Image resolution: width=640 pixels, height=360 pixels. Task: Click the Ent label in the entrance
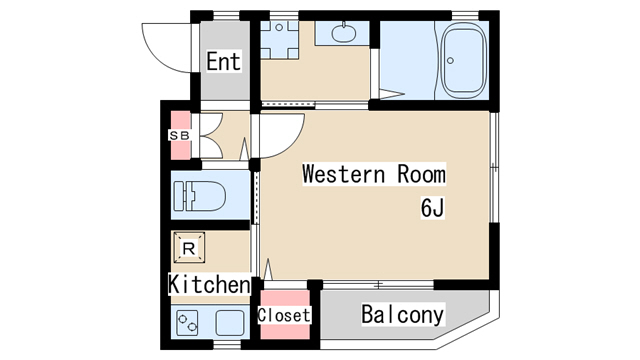[223, 61]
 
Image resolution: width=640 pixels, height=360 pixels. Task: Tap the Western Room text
[374, 174]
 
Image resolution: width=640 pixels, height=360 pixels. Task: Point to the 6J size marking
[432, 208]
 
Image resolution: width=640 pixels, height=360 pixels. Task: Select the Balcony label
[402, 314]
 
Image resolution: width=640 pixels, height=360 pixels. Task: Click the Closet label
[284, 315]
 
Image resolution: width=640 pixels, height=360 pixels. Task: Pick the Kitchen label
[209, 284]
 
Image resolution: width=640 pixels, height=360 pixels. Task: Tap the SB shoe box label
[180, 135]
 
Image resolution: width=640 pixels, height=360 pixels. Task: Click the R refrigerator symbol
[189, 248]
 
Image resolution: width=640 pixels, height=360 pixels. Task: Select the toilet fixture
[200, 196]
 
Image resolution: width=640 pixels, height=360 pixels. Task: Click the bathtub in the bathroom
[464, 60]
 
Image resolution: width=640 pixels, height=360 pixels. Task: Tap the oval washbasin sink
[344, 33]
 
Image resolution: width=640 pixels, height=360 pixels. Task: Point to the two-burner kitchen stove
[187, 322]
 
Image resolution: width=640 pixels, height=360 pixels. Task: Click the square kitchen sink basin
[230, 323]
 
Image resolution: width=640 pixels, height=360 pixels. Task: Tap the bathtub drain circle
[450, 61]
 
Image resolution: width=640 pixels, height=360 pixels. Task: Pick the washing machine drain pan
[279, 40]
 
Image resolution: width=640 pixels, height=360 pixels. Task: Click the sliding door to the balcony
[378, 284]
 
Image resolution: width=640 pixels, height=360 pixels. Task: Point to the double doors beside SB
[211, 136]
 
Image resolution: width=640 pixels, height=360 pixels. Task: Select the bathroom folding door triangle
[391, 94]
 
